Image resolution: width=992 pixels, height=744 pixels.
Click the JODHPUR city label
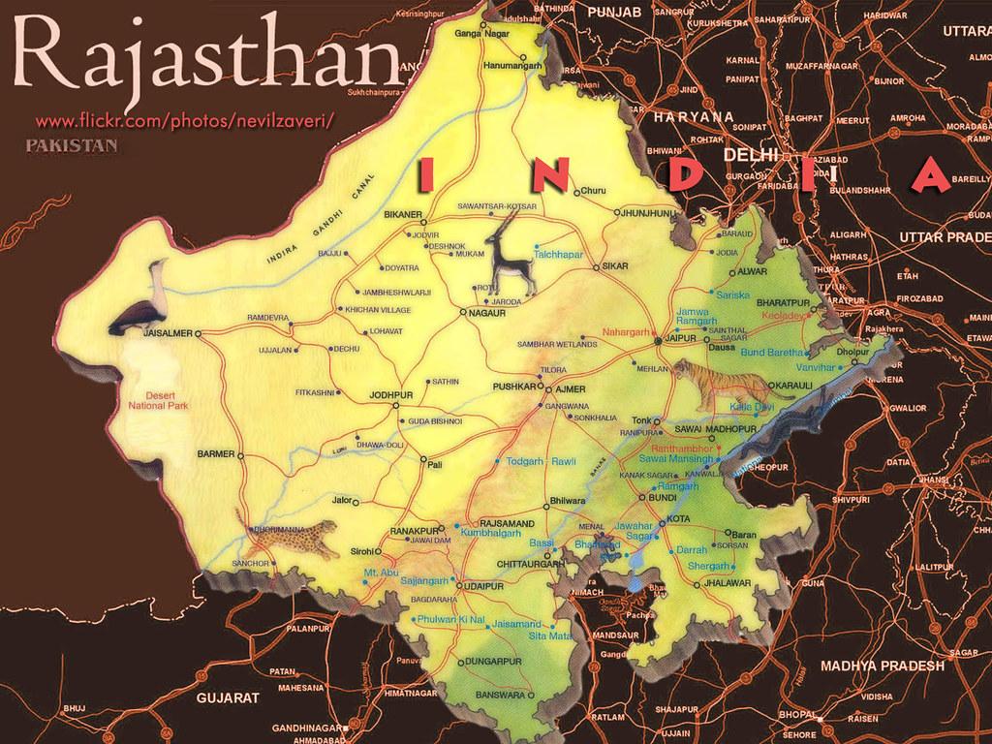click(x=390, y=395)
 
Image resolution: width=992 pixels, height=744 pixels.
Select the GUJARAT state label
click(x=227, y=697)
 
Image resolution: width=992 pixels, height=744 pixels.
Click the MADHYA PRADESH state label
click(x=882, y=666)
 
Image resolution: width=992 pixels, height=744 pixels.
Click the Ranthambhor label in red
click(x=686, y=449)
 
